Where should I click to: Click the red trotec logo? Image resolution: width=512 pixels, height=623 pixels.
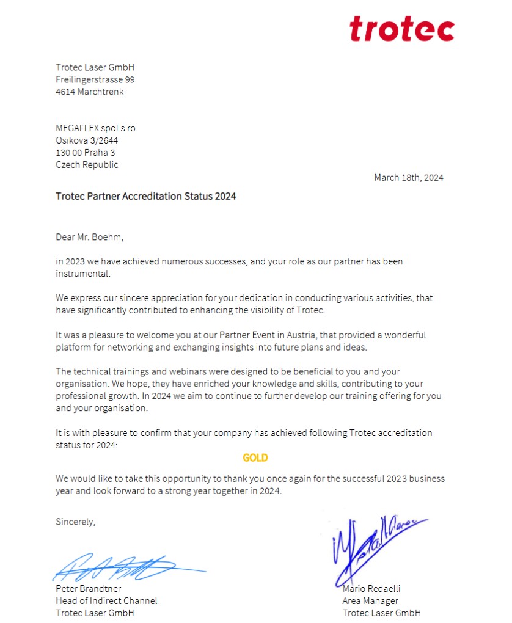401,29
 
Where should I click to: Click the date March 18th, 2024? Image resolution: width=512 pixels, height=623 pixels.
409,178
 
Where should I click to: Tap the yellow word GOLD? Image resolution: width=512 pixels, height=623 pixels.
255,457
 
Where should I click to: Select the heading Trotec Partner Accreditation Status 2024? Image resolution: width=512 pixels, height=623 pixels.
145,196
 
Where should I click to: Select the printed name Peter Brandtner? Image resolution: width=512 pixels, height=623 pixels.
88,589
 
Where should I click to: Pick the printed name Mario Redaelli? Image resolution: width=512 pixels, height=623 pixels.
371,589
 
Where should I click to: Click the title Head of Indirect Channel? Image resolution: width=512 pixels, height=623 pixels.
106,601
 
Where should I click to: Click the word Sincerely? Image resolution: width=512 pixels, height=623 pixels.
76,522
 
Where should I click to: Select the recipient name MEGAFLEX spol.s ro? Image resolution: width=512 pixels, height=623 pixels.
95,128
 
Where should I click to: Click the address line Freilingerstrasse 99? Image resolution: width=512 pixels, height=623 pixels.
95,79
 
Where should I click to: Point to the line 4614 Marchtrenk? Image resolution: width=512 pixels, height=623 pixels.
89,92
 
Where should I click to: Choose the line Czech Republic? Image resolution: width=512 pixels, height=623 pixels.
87,165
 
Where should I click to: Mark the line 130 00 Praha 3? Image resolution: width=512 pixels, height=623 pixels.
85,153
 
